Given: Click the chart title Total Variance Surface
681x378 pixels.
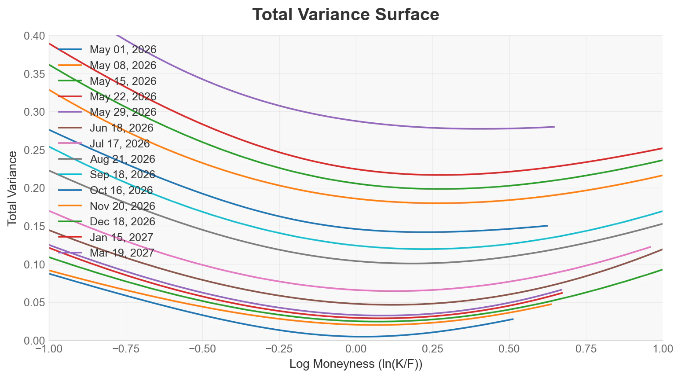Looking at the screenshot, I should coord(345,15).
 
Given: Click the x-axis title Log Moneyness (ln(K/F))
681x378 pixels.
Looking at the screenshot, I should coord(355,364).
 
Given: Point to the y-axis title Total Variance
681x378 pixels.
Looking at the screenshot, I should coord(12,188).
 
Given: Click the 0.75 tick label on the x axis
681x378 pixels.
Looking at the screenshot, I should coord(586,349).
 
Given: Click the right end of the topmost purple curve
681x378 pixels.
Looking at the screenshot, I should coord(554,127).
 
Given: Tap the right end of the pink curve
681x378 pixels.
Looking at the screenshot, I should coord(650,247).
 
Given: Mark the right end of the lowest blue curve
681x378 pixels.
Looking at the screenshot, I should coord(513,319).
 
